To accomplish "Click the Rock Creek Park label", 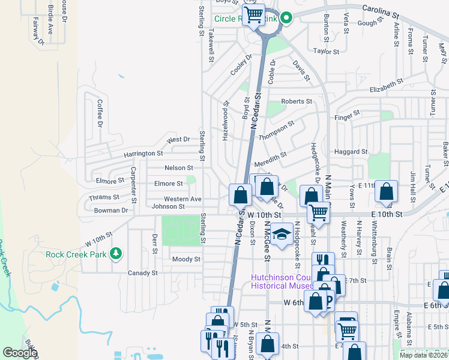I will coord(76,254).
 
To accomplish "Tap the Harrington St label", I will coord(143,154).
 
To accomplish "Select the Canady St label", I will coord(142,273).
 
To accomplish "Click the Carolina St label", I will coord(380,11).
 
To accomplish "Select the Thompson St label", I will coord(276,130).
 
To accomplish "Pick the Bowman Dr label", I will coord(111,211).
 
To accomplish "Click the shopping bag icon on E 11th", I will coord(387,192).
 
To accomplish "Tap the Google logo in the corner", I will coord(20,353).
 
